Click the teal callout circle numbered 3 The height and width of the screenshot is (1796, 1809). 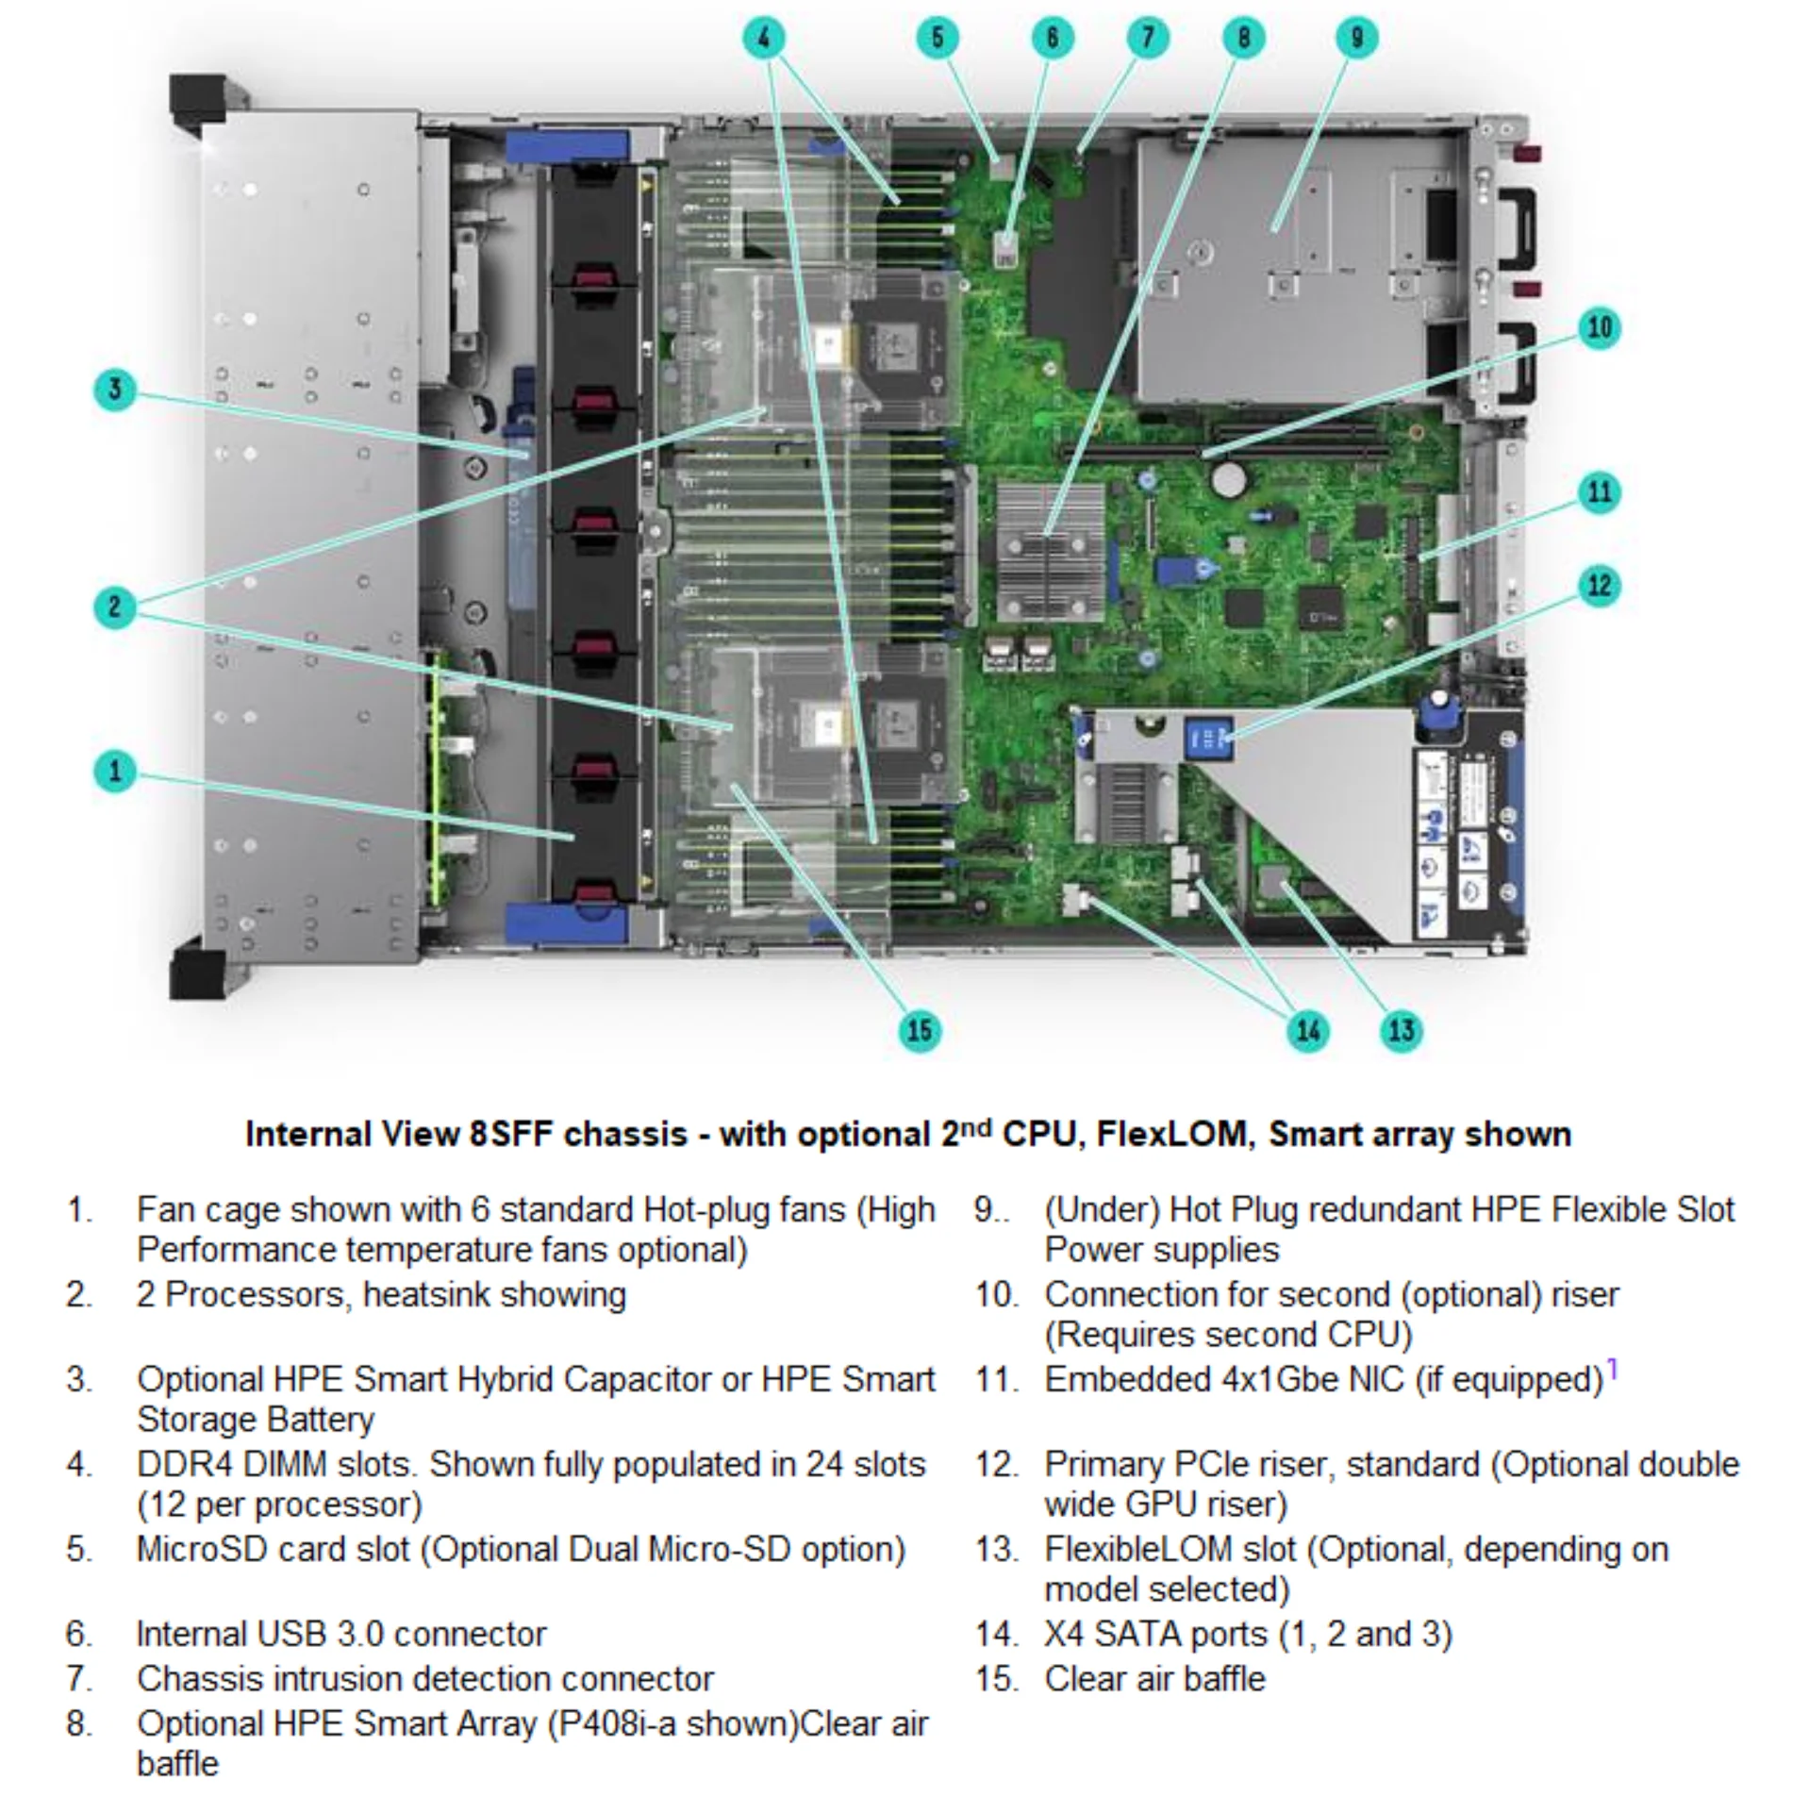click(x=115, y=390)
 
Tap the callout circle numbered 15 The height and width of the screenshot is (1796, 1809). click(x=920, y=1030)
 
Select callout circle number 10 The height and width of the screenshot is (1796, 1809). click(x=1600, y=327)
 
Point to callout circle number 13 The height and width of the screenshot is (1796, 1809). click(x=1402, y=1030)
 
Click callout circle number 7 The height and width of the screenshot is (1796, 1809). click(x=1148, y=38)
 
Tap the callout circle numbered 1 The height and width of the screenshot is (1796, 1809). click(x=115, y=772)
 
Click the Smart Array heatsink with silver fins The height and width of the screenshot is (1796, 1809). click(x=1050, y=552)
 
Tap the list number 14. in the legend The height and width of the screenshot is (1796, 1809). click(x=997, y=1635)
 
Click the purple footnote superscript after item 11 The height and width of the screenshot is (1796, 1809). click(x=1612, y=1368)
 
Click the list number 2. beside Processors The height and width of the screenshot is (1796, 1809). click(x=79, y=1295)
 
